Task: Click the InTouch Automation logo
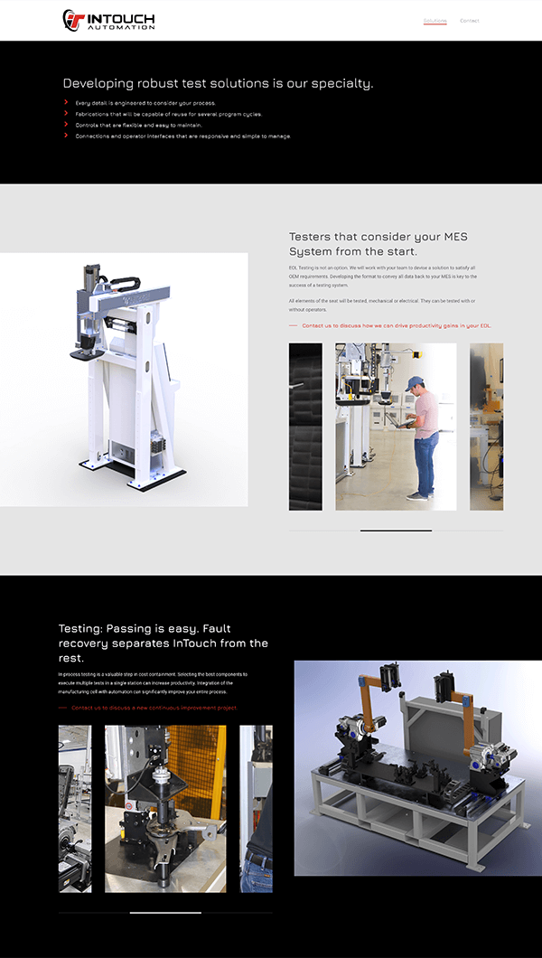[108, 20]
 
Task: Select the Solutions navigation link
[435, 21]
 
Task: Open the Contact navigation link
[469, 21]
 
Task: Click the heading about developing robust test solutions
[218, 83]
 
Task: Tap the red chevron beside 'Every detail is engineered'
[66, 102]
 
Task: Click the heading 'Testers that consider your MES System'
[378, 244]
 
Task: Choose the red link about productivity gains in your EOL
[397, 325]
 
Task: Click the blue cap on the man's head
[414, 382]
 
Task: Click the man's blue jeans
[424, 461]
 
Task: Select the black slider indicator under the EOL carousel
[396, 531]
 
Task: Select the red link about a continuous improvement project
[154, 708]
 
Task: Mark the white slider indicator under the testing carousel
[165, 913]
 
